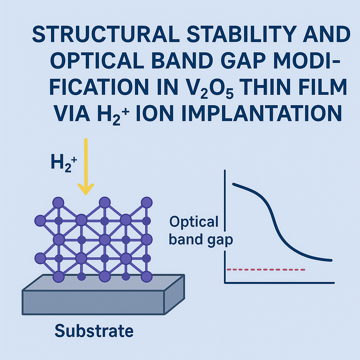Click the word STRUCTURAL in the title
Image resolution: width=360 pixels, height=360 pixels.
click(x=105, y=34)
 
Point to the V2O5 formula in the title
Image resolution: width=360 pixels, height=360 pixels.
click(x=210, y=88)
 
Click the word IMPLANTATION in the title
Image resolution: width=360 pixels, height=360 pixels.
click(x=262, y=113)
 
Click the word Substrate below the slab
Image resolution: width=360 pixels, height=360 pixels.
click(x=94, y=331)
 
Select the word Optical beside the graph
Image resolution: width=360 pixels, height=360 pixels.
click(x=194, y=222)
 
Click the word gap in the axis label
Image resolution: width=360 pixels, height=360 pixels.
click(x=220, y=240)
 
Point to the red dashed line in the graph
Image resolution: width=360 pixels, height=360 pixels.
click(x=266, y=270)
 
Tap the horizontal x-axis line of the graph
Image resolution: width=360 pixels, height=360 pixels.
click(x=279, y=283)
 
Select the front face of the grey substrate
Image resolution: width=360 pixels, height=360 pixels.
click(x=94, y=302)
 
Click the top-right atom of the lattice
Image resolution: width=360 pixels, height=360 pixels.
click(x=147, y=202)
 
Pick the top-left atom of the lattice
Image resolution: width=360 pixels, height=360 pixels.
click(x=58, y=202)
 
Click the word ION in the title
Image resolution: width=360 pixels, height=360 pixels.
click(x=155, y=113)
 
